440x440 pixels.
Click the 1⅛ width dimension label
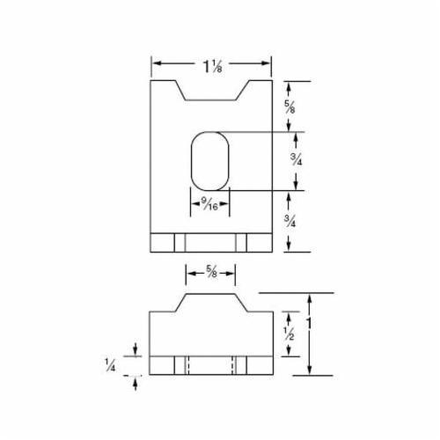(x=211, y=63)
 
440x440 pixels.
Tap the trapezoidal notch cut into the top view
(x=211, y=90)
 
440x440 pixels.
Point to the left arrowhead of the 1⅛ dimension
(x=156, y=63)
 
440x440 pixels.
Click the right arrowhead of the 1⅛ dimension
(x=267, y=63)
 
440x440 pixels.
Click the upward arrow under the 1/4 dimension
(x=134, y=383)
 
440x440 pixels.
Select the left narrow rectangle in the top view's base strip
(x=179, y=242)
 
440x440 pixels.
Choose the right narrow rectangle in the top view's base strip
(x=242, y=242)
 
